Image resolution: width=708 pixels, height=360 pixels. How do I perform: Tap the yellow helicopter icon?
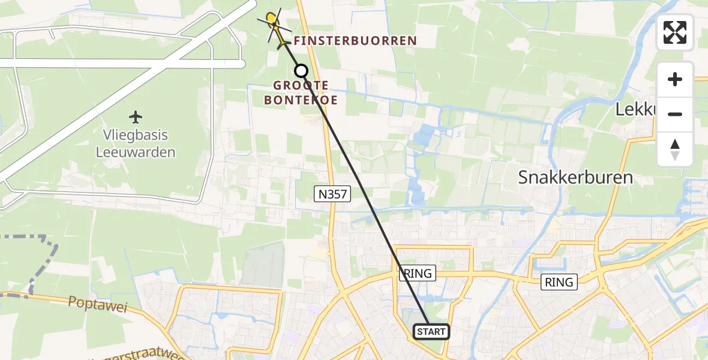click(274, 25)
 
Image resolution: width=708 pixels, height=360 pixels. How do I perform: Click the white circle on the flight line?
click(301, 71)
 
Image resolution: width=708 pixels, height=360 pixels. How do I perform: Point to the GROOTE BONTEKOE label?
click(301, 93)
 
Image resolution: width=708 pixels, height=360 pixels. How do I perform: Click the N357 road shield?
click(332, 193)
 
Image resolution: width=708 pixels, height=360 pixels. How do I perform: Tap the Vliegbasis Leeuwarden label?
click(136, 143)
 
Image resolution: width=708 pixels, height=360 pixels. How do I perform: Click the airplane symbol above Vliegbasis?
click(136, 116)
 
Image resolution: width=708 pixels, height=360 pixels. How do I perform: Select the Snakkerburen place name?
click(575, 178)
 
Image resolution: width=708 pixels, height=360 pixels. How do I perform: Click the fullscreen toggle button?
click(675, 32)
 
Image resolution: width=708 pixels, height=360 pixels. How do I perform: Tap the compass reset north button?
click(675, 149)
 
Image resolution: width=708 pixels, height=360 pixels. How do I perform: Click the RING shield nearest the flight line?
click(418, 273)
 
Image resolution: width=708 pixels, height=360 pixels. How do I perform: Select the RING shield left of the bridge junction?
click(559, 281)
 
